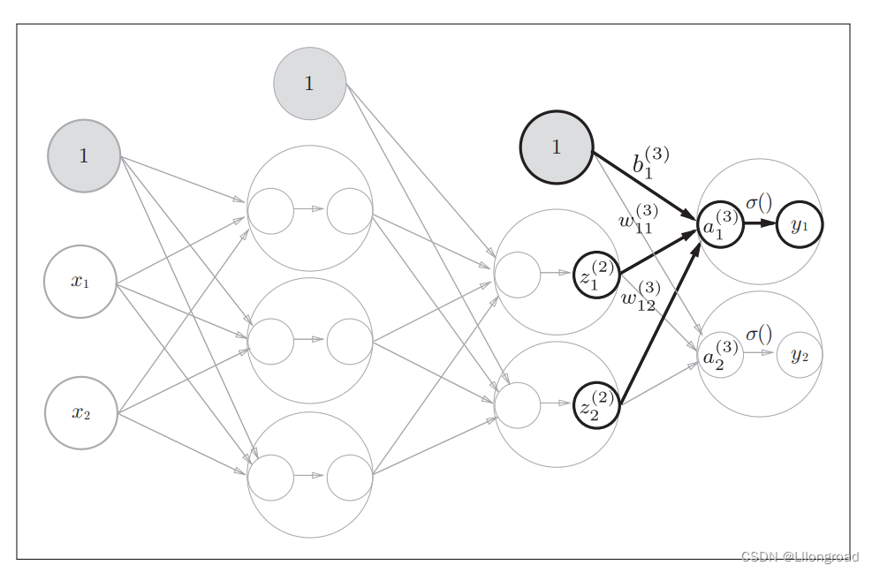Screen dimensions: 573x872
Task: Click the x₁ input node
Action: click(80, 282)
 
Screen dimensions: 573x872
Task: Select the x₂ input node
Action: click(81, 412)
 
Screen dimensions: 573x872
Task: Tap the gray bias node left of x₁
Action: click(84, 156)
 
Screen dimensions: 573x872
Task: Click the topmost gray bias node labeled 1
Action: click(309, 83)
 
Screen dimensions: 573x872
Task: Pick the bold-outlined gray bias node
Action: click(557, 147)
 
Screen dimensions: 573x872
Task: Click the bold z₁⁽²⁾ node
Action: click(596, 275)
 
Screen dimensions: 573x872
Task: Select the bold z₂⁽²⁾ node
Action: click(596, 404)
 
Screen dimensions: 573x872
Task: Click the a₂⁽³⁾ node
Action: click(720, 354)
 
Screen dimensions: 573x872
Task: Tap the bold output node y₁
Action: click(800, 225)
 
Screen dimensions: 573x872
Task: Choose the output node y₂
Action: click(800, 355)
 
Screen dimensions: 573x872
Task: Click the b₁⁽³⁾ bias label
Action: click(650, 163)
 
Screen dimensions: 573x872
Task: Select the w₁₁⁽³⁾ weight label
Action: click(639, 218)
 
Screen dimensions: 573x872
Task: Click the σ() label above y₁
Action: click(759, 202)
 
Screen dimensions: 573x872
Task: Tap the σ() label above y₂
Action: click(759, 334)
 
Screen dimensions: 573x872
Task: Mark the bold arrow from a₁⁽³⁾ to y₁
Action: click(759, 224)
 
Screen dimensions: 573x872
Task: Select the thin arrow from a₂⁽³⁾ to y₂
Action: click(759, 353)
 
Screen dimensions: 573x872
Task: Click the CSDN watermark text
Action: click(799, 556)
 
